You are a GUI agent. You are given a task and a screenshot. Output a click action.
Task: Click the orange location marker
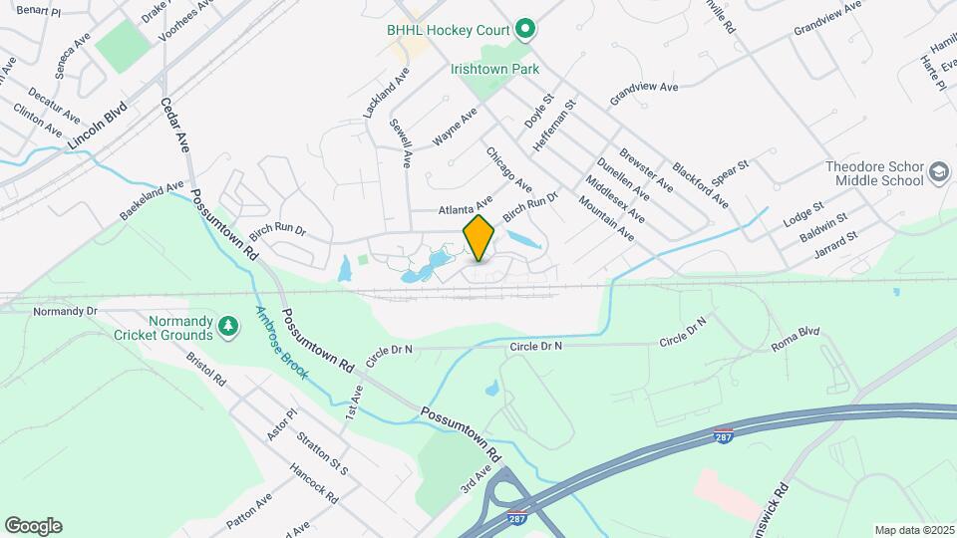click(x=478, y=237)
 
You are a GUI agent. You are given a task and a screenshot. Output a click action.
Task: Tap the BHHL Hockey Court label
click(x=449, y=30)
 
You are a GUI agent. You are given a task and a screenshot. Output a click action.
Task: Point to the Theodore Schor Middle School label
click(x=874, y=174)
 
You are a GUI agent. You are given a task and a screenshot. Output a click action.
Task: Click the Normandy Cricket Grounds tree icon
click(x=228, y=326)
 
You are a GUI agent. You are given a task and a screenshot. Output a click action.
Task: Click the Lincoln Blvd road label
click(x=99, y=126)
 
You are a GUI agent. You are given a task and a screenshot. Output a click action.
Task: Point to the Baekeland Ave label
click(x=153, y=200)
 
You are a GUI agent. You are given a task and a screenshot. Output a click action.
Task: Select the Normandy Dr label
click(x=65, y=311)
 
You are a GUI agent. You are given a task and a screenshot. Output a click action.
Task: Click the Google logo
click(x=33, y=525)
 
